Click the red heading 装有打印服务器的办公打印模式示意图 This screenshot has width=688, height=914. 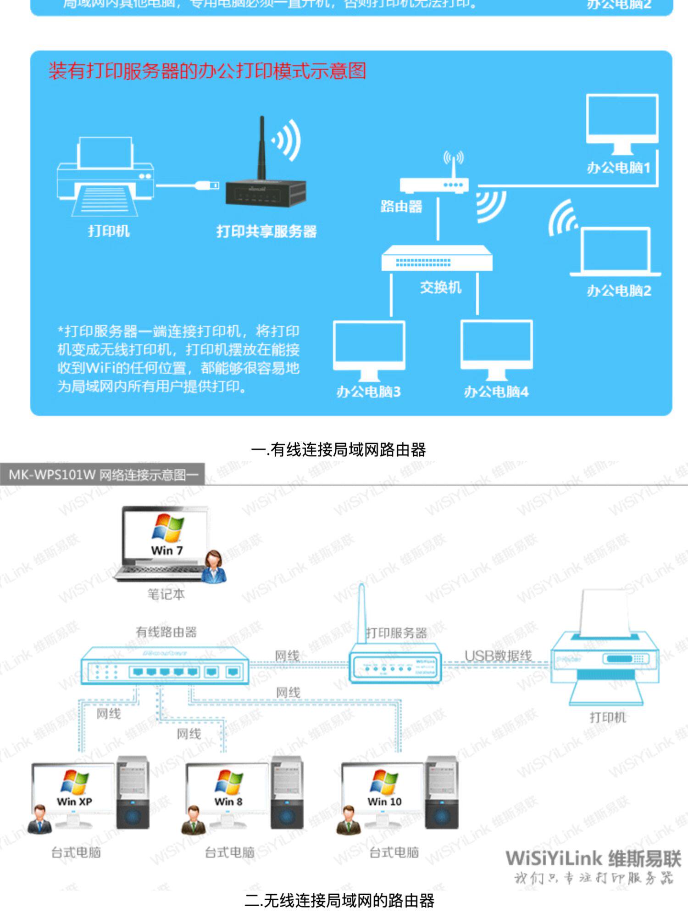[x=207, y=71]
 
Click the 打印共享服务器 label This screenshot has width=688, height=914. [x=266, y=231]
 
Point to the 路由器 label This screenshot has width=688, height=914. [x=401, y=207]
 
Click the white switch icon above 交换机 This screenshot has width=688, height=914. [x=437, y=258]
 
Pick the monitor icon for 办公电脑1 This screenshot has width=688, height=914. [x=622, y=122]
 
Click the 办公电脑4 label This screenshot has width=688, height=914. [x=496, y=392]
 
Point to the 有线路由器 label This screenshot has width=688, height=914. [x=166, y=632]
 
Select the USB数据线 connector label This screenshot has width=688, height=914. [x=498, y=656]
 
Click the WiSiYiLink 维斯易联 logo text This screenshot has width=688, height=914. [x=593, y=858]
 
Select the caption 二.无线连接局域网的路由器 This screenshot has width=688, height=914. [x=339, y=901]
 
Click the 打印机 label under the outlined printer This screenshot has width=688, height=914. [x=607, y=718]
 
